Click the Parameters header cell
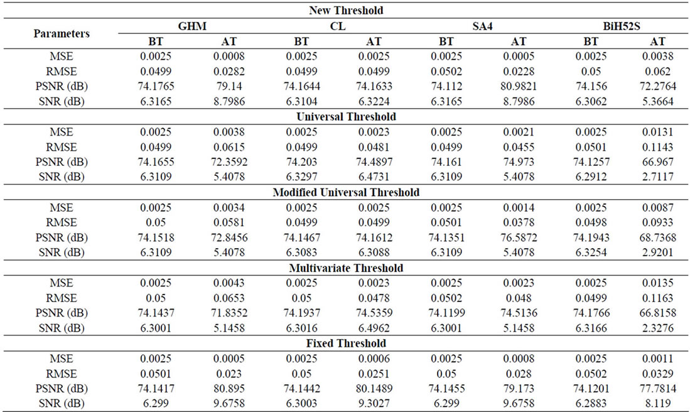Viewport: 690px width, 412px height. pos(61,34)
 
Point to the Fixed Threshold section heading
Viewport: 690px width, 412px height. pos(346,344)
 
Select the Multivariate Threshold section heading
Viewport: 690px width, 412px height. pos(346,268)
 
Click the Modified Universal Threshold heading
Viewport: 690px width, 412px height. pos(346,192)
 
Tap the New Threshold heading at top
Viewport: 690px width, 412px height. pos(346,11)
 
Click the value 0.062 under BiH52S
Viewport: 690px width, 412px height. pos(658,72)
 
